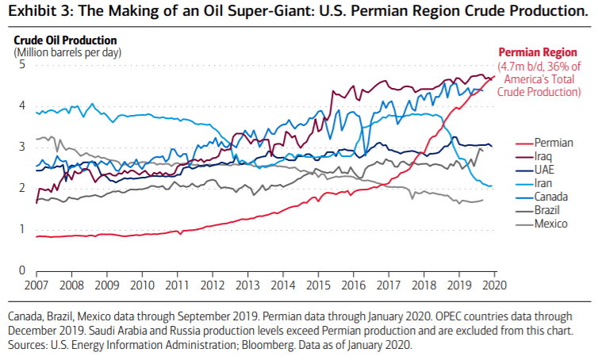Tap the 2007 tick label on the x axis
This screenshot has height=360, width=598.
36,284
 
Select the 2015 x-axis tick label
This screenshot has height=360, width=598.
318,284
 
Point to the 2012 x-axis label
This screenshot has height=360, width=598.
213,284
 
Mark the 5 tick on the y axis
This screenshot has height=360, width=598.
21,64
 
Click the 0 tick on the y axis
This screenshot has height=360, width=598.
21,270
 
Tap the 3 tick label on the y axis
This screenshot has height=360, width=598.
21,147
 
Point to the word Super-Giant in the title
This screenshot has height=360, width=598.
245,11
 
